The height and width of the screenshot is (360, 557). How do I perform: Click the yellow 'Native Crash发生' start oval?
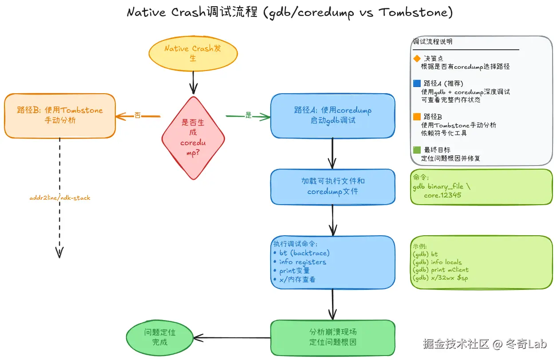[x=193, y=53]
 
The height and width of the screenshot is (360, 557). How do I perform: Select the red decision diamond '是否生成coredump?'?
[x=193, y=138]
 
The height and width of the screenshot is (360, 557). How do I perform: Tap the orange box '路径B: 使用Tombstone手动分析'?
[x=60, y=115]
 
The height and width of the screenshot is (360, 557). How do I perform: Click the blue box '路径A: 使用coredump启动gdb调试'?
[x=332, y=115]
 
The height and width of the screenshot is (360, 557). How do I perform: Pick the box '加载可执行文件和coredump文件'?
[x=332, y=186]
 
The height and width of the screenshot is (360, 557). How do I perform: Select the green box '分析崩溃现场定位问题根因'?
[x=332, y=337]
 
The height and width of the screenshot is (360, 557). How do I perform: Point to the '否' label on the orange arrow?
[x=138, y=115]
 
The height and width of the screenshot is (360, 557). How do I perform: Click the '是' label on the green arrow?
[x=249, y=115]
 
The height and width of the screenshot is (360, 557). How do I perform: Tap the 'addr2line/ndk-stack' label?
[x=59, y=198]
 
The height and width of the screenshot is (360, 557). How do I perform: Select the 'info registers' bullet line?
[x=302, y=262]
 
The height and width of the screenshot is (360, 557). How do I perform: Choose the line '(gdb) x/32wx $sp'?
[x=440, y=278]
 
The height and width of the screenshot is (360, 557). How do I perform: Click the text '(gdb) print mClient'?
[x=440, y=270]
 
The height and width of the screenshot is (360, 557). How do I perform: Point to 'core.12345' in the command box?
[x=443, y=195]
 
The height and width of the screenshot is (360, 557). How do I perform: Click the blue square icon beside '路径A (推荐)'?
[x=417, y=83]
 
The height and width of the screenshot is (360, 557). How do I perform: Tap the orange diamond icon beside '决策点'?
[x=417, y=59]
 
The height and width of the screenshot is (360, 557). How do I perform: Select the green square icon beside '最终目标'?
[x=417, y=150]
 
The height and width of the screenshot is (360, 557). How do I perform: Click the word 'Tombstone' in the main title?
[x=415, y=12]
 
